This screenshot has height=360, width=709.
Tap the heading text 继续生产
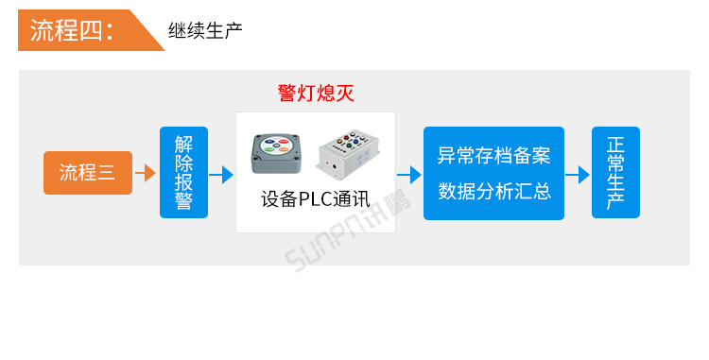[205, 30]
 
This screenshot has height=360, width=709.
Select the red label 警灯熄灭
[316, 93]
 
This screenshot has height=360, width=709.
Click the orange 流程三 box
[87, 173]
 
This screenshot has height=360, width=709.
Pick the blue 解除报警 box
[183, 173]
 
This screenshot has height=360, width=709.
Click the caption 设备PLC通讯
[316, 200]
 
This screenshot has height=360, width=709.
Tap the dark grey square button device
[276, 153]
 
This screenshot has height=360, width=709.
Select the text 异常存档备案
[493, 155]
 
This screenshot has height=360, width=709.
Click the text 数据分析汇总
[493, 191]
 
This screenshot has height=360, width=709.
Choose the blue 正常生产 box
[615, 173]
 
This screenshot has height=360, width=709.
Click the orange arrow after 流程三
[145, 174]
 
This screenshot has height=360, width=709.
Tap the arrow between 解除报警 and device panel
[221, 174]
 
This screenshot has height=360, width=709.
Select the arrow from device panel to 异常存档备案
[408, 174]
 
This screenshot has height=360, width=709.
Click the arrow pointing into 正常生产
[577, 174]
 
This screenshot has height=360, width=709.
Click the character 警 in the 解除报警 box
[183, 201]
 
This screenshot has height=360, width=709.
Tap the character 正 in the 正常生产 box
[615, 146]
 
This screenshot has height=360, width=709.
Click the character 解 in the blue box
[183, 145]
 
